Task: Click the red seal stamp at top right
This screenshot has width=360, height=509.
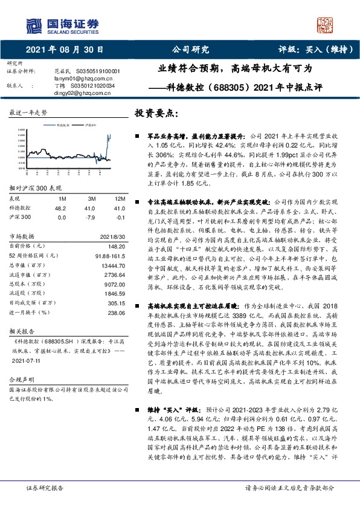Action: pyautogui.click(x=326, y=24)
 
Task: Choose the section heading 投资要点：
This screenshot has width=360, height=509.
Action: pyautogui.click(x=156, y=113)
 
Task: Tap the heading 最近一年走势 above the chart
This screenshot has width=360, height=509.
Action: pyautogui.click(x=28, y=113)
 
